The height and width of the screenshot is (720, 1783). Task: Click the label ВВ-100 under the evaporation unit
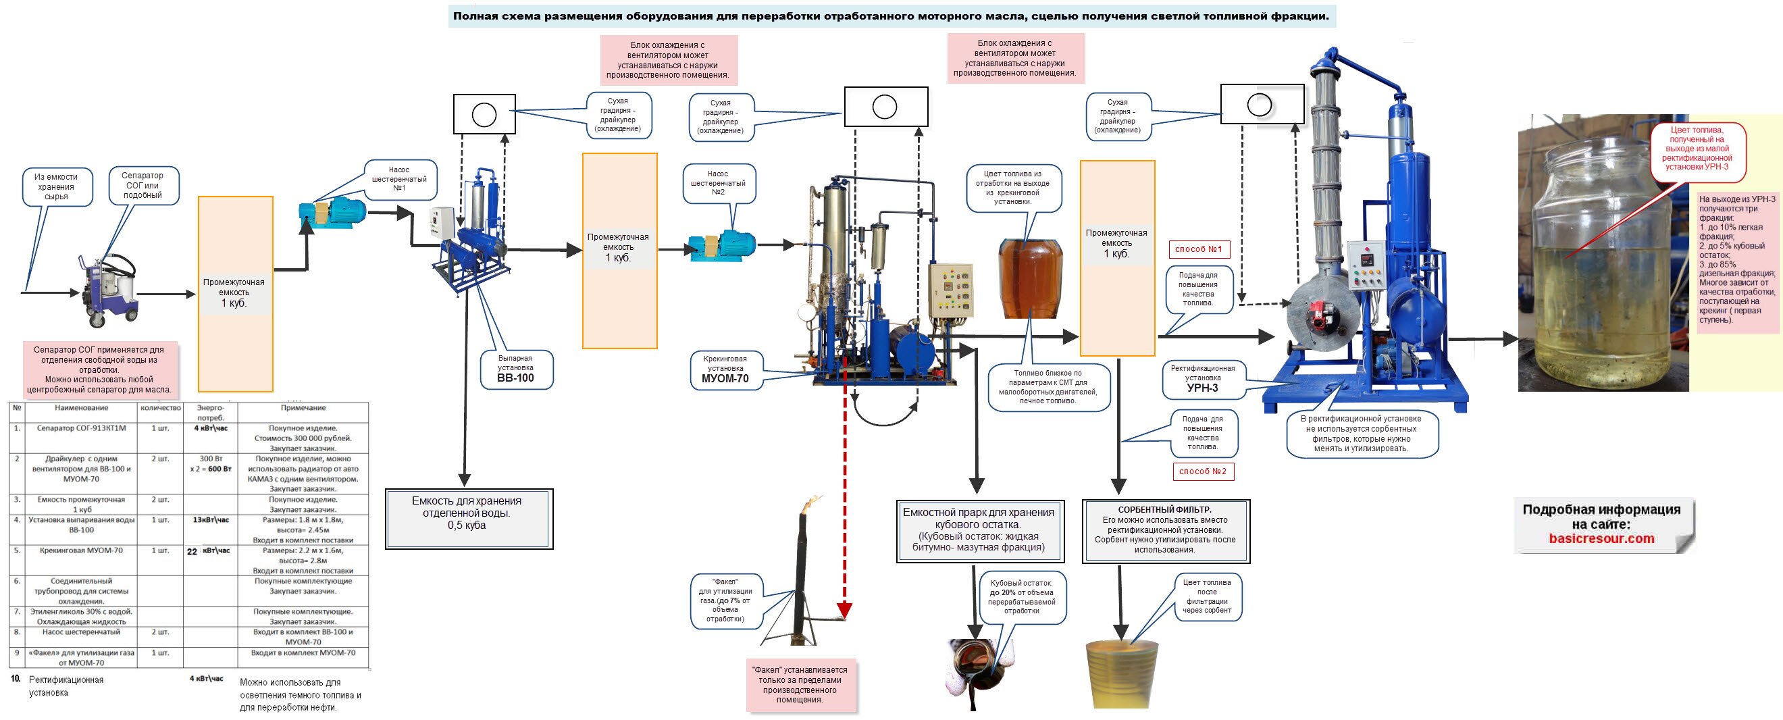click(516, 378)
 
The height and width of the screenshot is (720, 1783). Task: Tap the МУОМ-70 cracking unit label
click(725, 379)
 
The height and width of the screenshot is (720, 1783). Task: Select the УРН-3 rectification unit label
click(1202, 388)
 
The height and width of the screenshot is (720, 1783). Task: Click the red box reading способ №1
click(1199, 249)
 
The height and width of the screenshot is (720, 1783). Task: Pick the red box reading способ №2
click(1203, 471)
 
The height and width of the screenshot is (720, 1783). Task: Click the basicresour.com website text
click(1601, 538)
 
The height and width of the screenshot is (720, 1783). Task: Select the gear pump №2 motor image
click(722, 245)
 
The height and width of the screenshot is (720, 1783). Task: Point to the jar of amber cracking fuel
click(1030, 278)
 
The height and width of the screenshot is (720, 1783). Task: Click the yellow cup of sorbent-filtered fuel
click(1122, 673)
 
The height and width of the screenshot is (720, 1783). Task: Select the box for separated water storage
click(469, 519)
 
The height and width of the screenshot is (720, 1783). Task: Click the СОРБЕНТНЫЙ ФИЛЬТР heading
click(1165, 510)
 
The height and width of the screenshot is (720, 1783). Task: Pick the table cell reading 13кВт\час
click(211, 520)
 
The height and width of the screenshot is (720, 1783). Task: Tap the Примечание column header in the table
click(303, 408)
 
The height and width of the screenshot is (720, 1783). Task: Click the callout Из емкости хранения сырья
click(56, 187)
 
